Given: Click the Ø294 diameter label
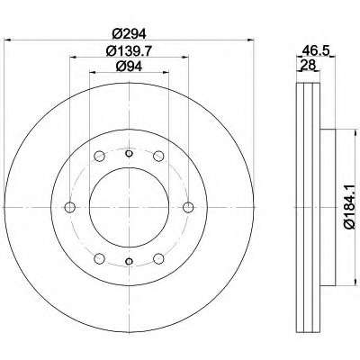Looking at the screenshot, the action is [x=130, y=33].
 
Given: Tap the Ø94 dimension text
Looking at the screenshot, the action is [x=129, y=67].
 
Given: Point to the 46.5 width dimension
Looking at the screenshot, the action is [x=314, y=49].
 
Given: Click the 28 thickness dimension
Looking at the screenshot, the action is [x=307, y=65].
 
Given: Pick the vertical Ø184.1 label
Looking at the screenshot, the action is [x=350, y=207].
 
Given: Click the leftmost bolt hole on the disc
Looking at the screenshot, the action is [x=70, y=207].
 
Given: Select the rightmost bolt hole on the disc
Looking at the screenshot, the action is [x=188, y=207].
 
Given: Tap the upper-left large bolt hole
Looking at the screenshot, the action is [x=99, y=156].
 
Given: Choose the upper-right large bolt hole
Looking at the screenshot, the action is [x=158, y=156].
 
